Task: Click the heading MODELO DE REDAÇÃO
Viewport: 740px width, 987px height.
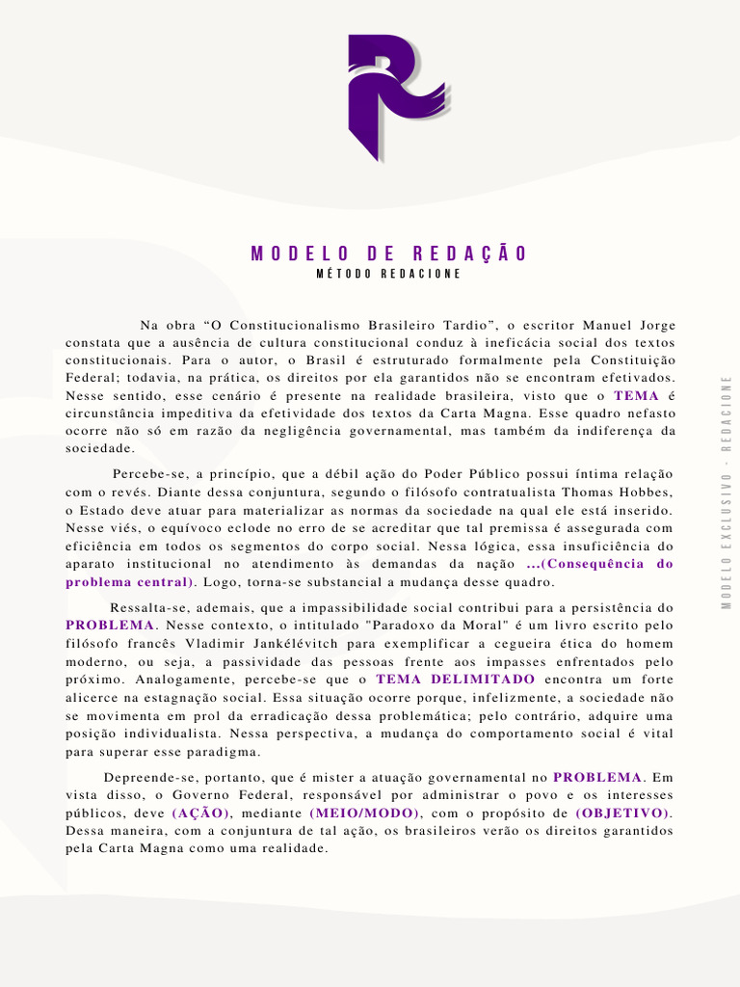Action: click(x=389, y=254)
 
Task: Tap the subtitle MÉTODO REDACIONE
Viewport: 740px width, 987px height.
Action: click(x=389, y=274)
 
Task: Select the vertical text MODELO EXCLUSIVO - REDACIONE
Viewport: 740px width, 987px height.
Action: click(x=726, y=491)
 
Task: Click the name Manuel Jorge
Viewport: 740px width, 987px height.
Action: click(x=630, y=326)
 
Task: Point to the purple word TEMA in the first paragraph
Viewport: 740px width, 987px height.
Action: click(x=636, y=396)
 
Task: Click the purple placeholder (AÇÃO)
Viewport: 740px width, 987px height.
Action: click(x=201, y=814)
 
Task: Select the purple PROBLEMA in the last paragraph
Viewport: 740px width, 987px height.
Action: click(x=597, y=778)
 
